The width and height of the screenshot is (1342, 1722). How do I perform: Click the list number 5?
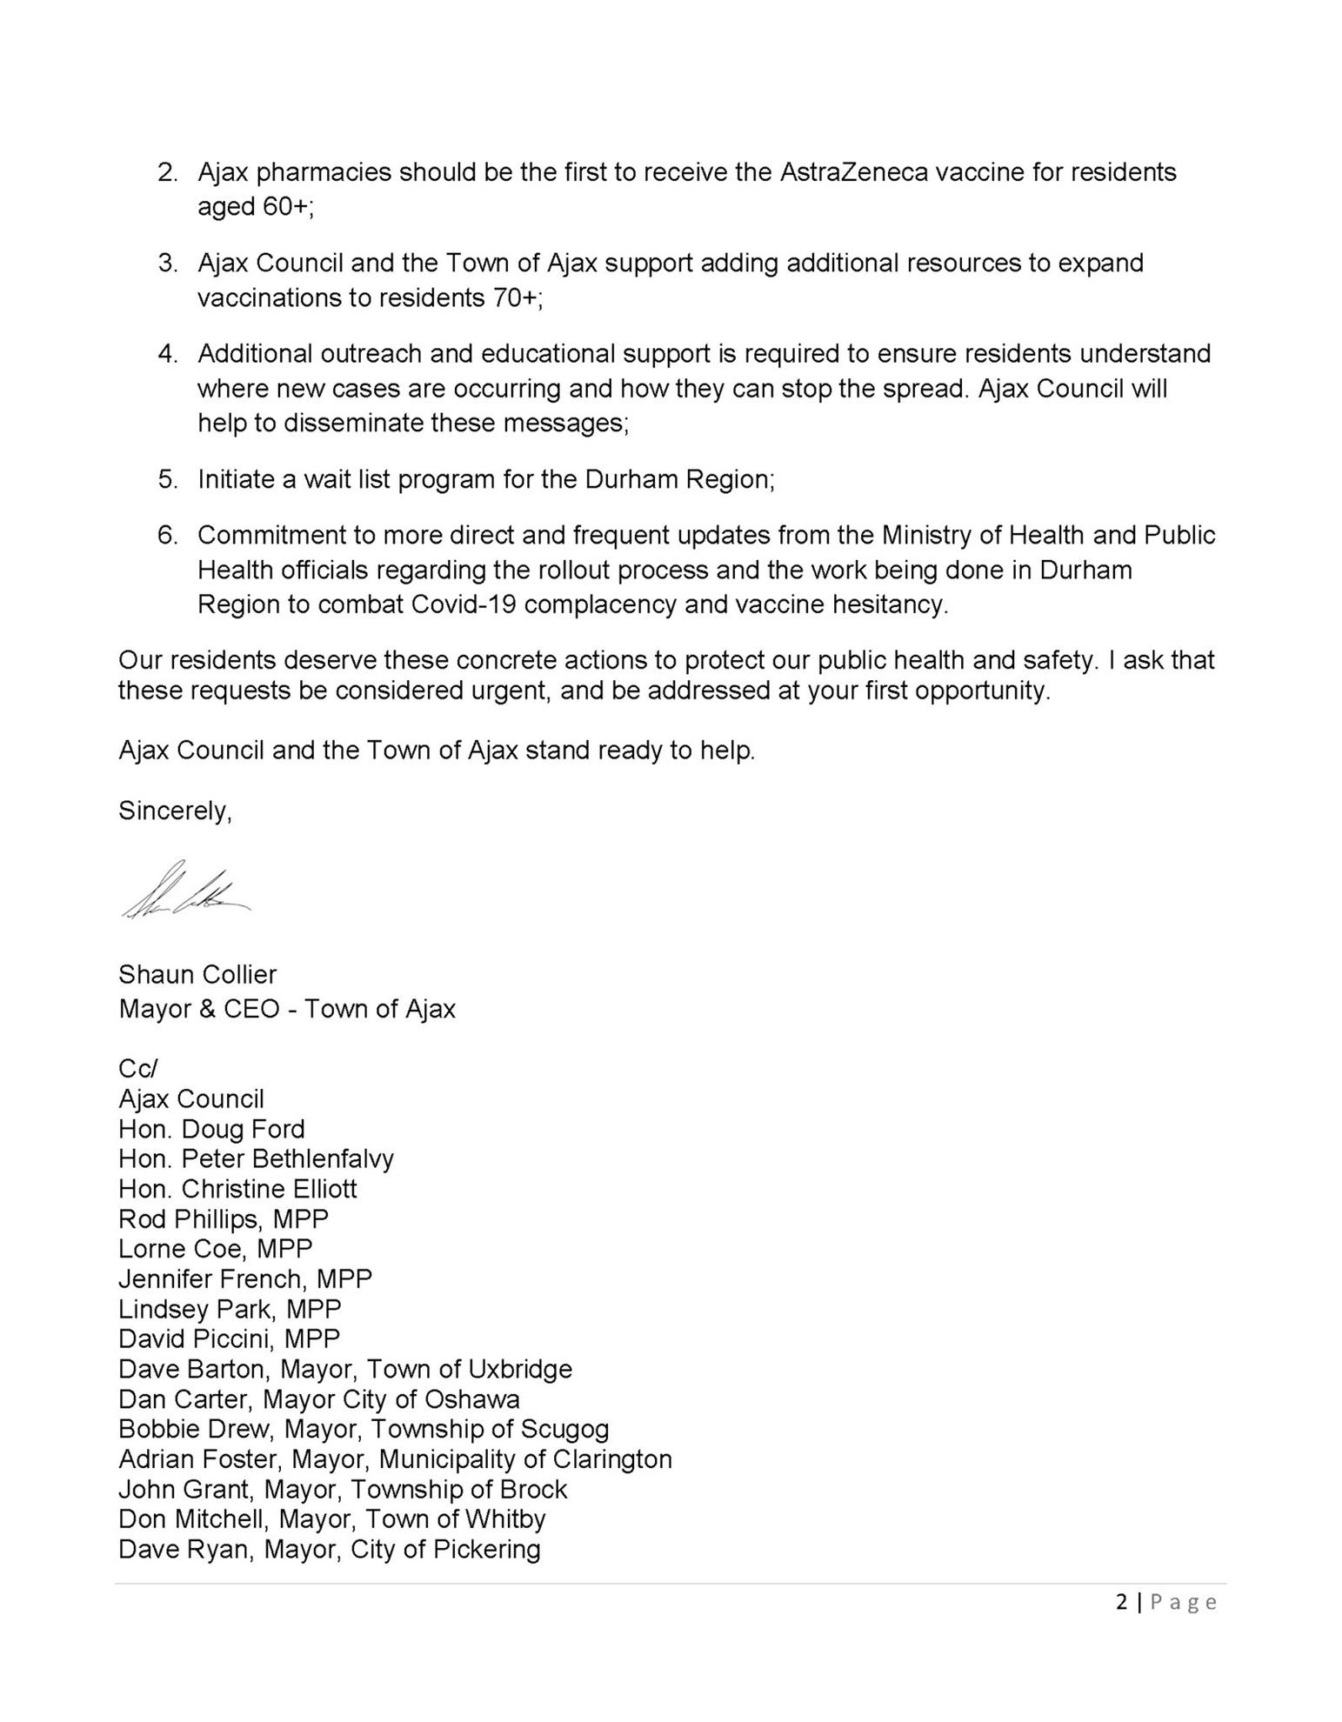[166, 479]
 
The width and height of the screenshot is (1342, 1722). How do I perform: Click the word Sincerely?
[175, 811]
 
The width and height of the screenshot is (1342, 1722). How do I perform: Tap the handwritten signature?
[186, 892]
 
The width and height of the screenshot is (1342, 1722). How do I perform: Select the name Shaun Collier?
[197, 974]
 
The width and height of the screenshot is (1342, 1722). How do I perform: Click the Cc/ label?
[137, 1068]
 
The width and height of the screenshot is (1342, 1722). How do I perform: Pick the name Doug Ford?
[243, 1129]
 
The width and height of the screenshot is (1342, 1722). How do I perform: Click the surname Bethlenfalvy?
[323, 1158]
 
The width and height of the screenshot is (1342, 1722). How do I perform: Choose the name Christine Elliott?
[269, 1189]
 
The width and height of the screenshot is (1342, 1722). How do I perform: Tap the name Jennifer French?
[213, 1278]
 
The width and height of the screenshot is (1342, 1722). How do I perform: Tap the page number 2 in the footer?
[1121, 1602]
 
